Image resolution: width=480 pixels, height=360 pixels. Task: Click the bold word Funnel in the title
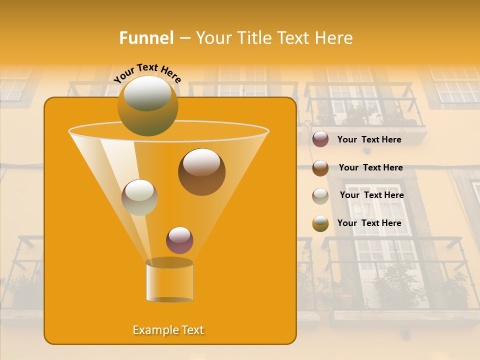146,38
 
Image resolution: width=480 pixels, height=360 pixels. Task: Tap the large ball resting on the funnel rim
147,105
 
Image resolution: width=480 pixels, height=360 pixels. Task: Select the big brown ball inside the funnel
201,172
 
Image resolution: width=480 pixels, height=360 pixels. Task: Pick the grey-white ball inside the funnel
139,197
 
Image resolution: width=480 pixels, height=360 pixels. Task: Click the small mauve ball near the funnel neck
179,240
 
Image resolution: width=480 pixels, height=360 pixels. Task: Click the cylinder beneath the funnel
169,281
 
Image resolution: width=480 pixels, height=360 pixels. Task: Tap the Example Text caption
168,330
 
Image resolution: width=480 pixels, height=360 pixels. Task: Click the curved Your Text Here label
147,72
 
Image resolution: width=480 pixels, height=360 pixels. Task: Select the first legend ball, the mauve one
320,139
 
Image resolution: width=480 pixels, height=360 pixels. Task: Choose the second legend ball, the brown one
320,168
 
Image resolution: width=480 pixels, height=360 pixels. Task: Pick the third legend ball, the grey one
320,196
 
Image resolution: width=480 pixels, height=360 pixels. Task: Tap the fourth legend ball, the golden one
320,223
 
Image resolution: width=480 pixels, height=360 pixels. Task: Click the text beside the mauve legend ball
369,140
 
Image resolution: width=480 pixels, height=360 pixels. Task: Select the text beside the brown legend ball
370,168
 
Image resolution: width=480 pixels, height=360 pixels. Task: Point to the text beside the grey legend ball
371,195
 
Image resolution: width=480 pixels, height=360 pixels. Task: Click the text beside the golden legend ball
369,223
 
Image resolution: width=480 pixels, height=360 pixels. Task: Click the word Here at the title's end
334,38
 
